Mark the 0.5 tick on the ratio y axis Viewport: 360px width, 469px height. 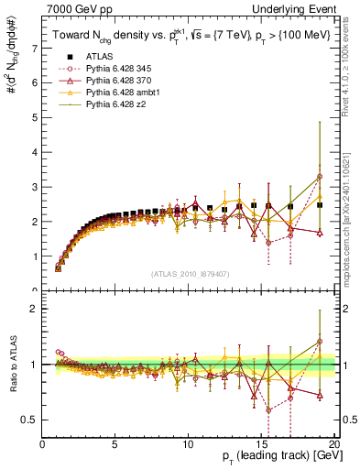click(x=29, y=420)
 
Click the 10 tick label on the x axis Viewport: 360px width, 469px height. click(x=188, y=445)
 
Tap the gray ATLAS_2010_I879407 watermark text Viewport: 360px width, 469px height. click(x=189, y=274)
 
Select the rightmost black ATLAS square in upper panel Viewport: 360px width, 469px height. click(x=320, y=205)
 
